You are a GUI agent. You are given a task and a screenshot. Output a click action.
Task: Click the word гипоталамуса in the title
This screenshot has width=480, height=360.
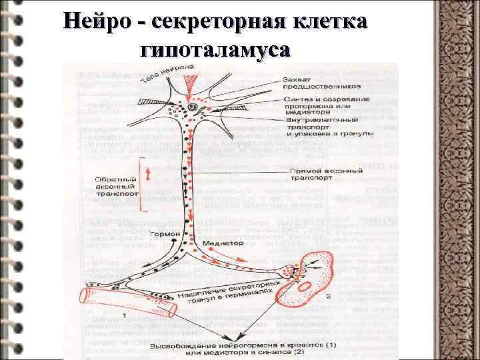coord(216,50)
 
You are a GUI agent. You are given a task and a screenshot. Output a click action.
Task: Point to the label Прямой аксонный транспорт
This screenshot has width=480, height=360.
coord(327,175)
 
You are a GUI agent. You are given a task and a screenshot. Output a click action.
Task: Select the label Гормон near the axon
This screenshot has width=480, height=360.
coord(163,235)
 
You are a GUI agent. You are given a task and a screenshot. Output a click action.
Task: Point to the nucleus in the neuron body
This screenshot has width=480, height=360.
coord(193,106)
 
